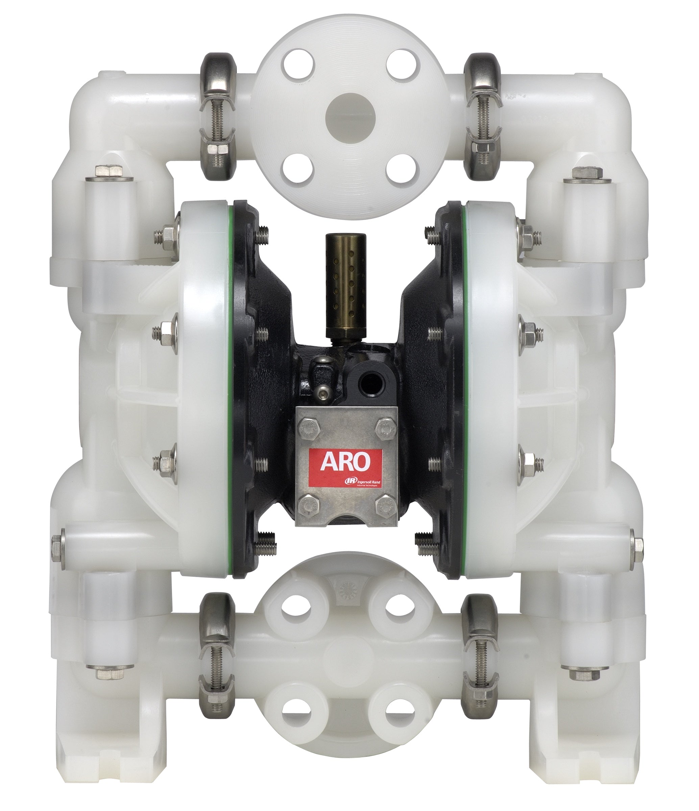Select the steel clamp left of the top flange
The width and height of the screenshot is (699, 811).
tap(218, 117)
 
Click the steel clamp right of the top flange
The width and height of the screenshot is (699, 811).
tap(482, 117)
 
